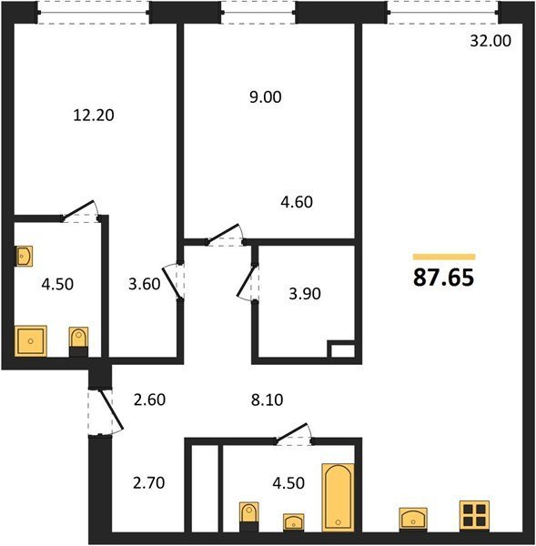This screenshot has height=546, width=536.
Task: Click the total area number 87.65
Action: coord(444,278)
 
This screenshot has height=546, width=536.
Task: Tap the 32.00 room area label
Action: coord(490,41)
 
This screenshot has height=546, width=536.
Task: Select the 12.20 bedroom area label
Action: coord(94,116)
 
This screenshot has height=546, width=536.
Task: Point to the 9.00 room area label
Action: coord(266,97)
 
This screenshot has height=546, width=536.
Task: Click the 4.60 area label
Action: coord(297,202)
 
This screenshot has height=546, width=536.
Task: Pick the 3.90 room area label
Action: coord(305,294)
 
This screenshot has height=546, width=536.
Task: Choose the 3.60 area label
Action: coord(144,284)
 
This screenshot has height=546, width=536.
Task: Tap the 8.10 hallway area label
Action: coord(268,400)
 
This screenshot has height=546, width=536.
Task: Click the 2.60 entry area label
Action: coord(149,399)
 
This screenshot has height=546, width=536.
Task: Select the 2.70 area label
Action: coord(148,483)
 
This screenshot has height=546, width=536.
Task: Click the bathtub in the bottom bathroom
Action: coord(338,497)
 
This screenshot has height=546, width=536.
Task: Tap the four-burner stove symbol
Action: coord(474,516)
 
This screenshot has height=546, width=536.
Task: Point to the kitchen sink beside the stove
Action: coord(413,520)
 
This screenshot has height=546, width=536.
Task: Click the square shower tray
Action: coord(31,341)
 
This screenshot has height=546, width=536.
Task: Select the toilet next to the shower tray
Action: coord(78,341)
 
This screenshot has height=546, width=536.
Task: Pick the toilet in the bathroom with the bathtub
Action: coord(249,517)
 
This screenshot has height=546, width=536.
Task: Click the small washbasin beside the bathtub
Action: coord(293,522)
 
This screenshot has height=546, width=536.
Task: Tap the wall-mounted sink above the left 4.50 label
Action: coord(24,257)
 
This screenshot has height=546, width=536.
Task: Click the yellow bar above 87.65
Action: coord(444,257)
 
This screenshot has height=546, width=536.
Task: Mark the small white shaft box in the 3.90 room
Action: coord(343,350)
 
